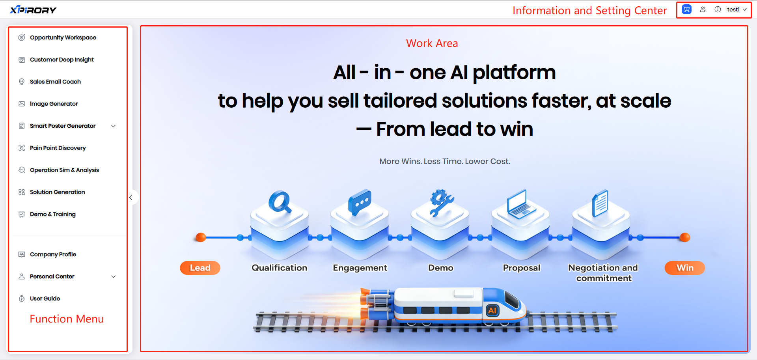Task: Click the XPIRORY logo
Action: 33,10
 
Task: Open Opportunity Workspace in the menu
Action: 63,37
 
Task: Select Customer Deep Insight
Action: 62,60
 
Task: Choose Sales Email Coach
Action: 55,82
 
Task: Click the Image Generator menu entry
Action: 54,104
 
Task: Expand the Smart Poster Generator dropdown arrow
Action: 114,126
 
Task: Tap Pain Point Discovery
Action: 58,148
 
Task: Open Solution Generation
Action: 58,192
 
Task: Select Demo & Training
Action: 53,214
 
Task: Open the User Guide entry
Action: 45,298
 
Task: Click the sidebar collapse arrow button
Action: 131,197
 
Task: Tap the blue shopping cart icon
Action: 686,9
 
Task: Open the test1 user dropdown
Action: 736,9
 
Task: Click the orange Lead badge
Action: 200,268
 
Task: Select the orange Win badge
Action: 685,268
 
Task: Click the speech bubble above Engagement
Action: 360,201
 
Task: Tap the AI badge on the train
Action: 492,310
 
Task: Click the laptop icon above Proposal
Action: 521,204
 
